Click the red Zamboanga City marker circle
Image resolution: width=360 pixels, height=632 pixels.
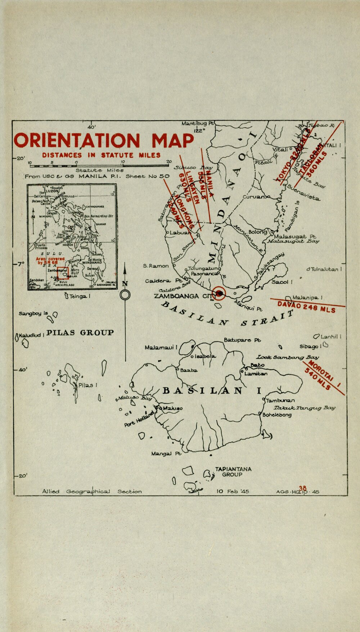(220, 294)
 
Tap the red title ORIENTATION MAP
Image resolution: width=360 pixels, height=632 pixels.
(104, 140)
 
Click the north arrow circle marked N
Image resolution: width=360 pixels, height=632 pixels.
(125, 295)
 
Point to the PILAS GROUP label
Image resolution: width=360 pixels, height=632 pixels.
(80, 333)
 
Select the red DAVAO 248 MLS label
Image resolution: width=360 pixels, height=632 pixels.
(306, 307)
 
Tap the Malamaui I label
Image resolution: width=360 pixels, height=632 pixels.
(161, 348)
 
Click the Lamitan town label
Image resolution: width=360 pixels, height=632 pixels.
(256, 374)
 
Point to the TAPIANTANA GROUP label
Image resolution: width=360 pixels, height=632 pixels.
(233, 472)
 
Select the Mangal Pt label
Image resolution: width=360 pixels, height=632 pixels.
(166, 454)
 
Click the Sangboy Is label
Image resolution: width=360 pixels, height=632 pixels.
(33, 313)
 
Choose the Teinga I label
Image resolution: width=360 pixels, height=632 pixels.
(79, 296)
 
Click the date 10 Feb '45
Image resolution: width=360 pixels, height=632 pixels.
(233, 491)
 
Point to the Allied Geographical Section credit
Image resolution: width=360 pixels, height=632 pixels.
(92, 491)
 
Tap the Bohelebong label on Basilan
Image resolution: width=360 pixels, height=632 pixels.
(277, 415)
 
